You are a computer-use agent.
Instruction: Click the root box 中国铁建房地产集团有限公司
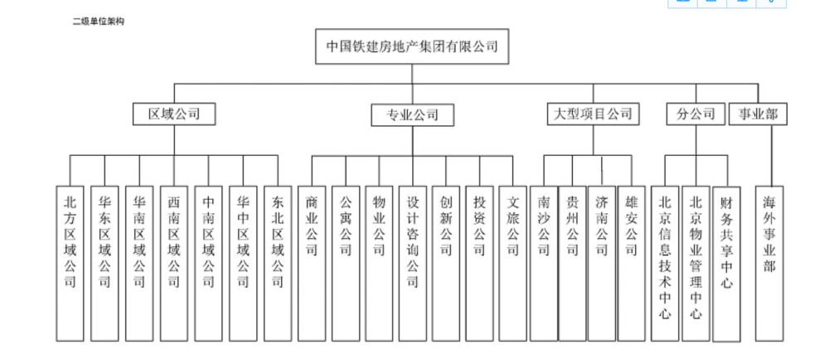point(412,46)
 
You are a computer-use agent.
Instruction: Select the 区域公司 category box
point(174,114)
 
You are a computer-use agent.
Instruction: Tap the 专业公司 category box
point(412,114)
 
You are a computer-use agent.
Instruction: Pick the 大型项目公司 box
point(593,114)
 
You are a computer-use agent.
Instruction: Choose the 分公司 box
point(696,114)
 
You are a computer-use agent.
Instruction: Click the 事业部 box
point(758,114)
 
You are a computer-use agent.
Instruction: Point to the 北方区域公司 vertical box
point(70,263)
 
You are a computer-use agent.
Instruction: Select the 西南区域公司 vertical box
point(174,263)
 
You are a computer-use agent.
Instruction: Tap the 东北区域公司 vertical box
point(278,263)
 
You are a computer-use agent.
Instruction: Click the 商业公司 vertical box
point(312,263)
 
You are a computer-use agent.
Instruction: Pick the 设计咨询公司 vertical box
point(412,263)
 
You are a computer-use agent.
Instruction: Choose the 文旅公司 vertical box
point(513,263)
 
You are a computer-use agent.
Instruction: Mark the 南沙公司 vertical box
point(544,263)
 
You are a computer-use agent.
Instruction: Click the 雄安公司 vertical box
point(631,263)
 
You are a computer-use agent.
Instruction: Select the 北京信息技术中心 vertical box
point(665,263)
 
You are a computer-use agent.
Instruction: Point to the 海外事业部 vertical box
point(770,263)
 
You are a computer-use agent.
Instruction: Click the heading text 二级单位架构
point(99,22)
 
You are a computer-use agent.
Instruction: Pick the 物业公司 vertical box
point(379,263)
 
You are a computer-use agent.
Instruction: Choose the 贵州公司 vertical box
point(573,263)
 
